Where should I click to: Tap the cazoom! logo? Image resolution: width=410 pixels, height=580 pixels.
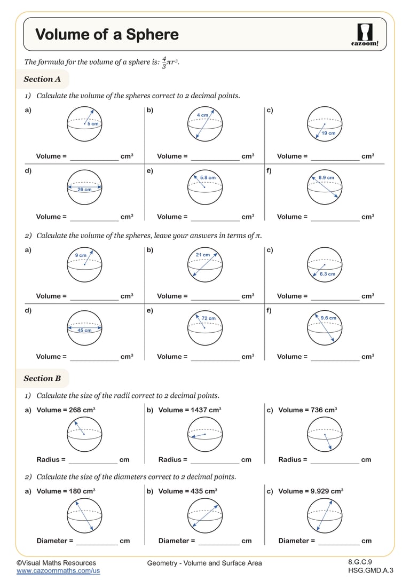[x=365, y=35]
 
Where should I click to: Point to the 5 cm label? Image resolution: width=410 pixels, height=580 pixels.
[x=93, y=124]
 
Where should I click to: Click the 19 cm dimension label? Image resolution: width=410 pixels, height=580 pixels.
[x=328, y=133]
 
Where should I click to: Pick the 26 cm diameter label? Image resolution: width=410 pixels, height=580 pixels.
[x=84, y=189]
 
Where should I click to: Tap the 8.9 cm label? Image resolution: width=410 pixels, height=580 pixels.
[x=326, y=177]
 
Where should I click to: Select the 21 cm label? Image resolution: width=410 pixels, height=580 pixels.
[x=203, y=255]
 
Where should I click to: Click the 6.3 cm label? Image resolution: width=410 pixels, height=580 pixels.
[x=327, y=274]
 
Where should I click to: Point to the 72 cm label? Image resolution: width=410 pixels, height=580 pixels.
[x=208, y=318]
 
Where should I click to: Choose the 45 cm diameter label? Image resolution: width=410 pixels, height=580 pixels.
[x=84, y=330]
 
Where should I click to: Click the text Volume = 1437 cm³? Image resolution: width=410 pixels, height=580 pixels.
[x=190, y=410]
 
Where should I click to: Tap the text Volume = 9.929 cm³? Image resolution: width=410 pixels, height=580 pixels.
[x=311, y=491]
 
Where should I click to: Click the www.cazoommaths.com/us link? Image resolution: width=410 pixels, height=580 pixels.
[x=58, y=571]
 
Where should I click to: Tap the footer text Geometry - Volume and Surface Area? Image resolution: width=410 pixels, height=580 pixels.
[x=204, y=563]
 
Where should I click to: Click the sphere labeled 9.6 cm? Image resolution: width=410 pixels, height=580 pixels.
[x=325, y=328]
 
